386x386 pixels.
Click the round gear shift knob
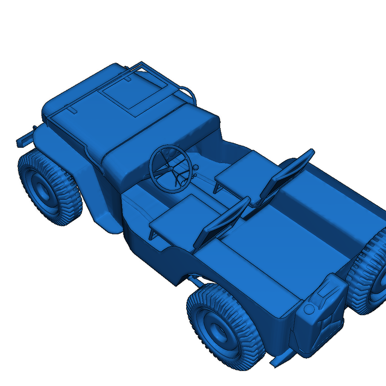coord(196,167)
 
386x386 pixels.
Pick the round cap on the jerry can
coord(309,309)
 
